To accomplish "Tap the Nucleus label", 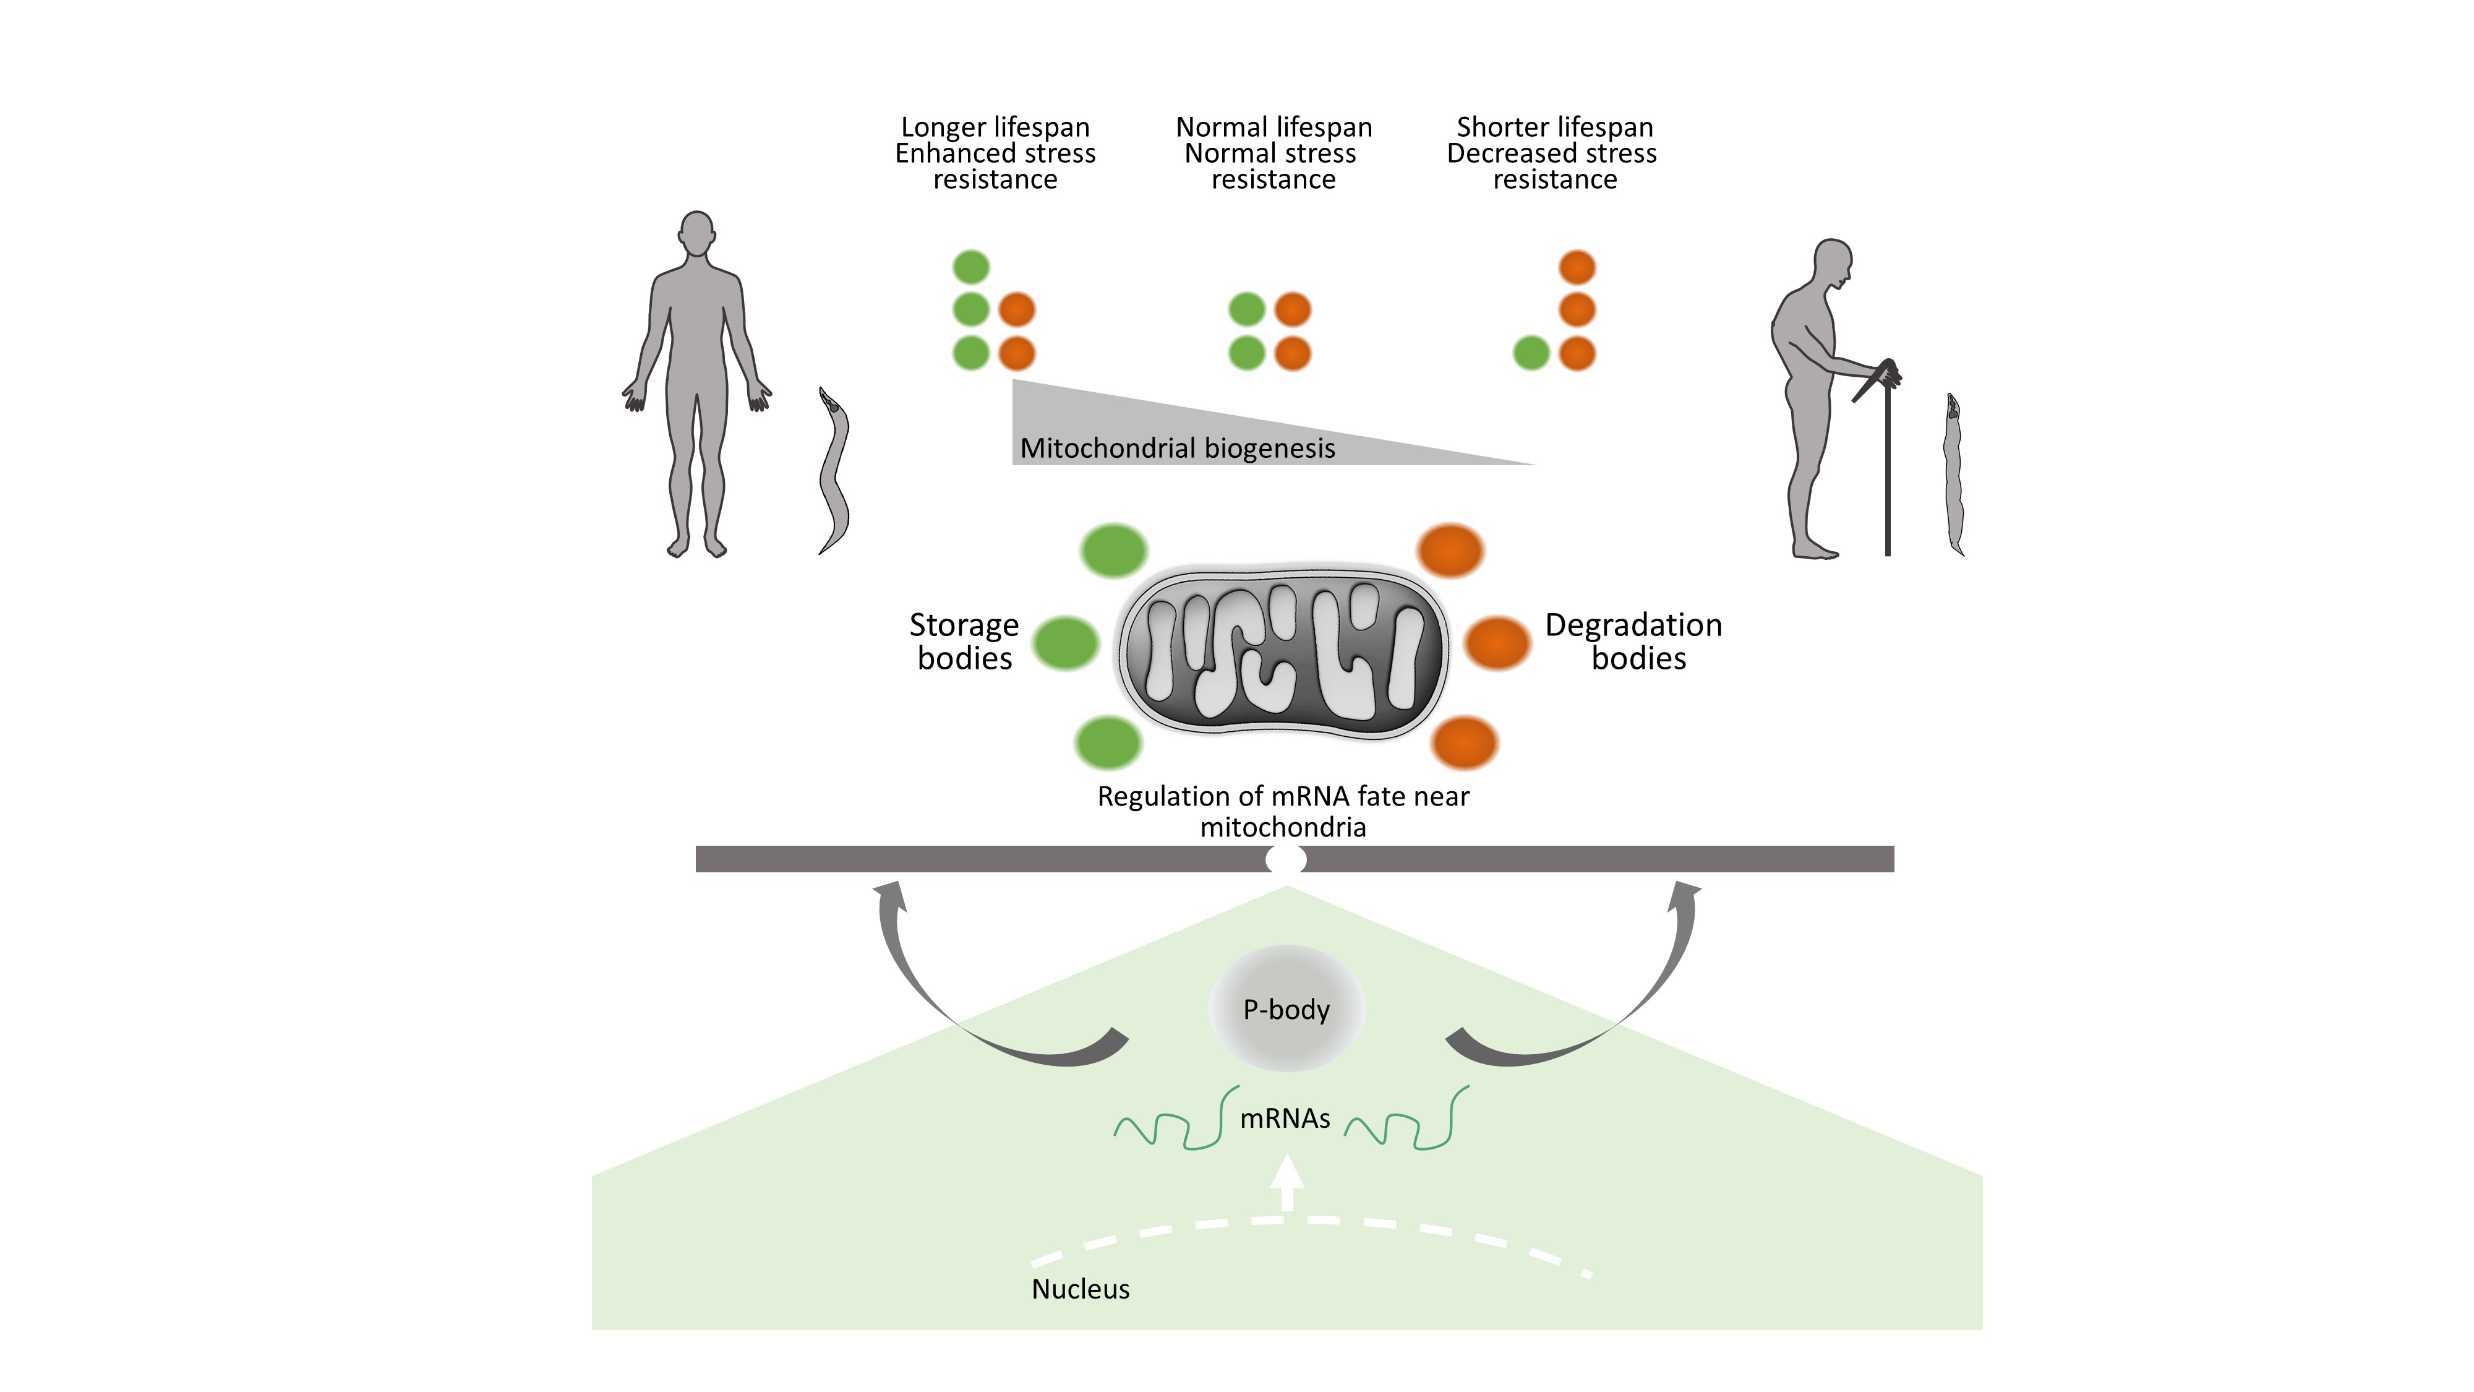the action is [1081, 1289].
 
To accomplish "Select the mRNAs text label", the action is [1285, 1118].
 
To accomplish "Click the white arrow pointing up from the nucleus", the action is [1287, 1184].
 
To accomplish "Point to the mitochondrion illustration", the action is [1284, 654].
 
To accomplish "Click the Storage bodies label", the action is [964, 642].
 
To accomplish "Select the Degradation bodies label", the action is [1633, 642].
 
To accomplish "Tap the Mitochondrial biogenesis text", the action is [1178, 448].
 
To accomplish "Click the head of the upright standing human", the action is [696, 233].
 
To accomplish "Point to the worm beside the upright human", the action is [834, 471].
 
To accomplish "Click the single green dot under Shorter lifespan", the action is [1531, 353].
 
